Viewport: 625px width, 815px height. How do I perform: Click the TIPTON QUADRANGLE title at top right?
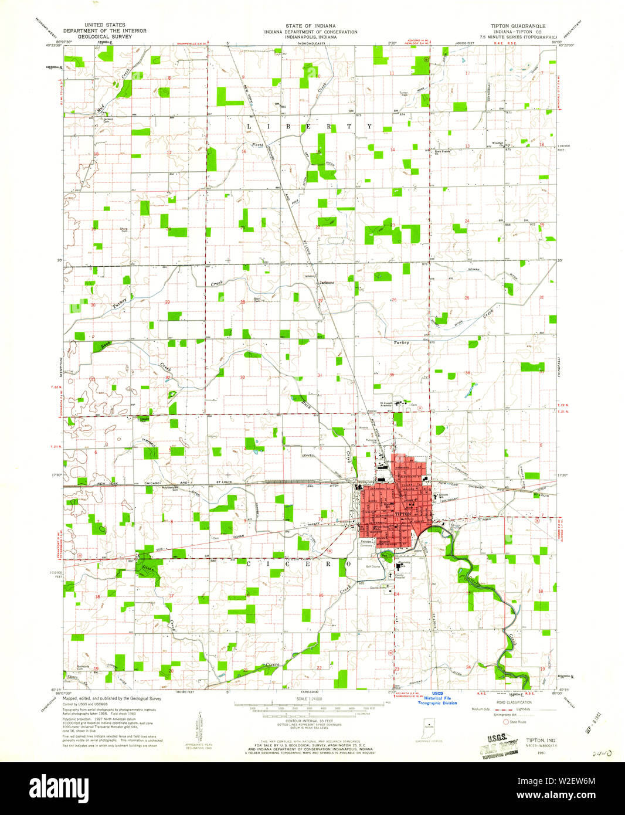[509, 26]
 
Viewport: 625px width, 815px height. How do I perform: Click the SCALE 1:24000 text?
[310, 698]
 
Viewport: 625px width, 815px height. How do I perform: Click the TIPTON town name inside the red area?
[403, 514]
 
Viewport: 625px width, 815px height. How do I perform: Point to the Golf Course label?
[374, 567]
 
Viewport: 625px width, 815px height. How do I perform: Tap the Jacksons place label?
[326, 283]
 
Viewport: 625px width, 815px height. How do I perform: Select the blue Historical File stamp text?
[437, 698]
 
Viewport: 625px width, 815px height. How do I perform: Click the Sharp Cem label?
[124, 229]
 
